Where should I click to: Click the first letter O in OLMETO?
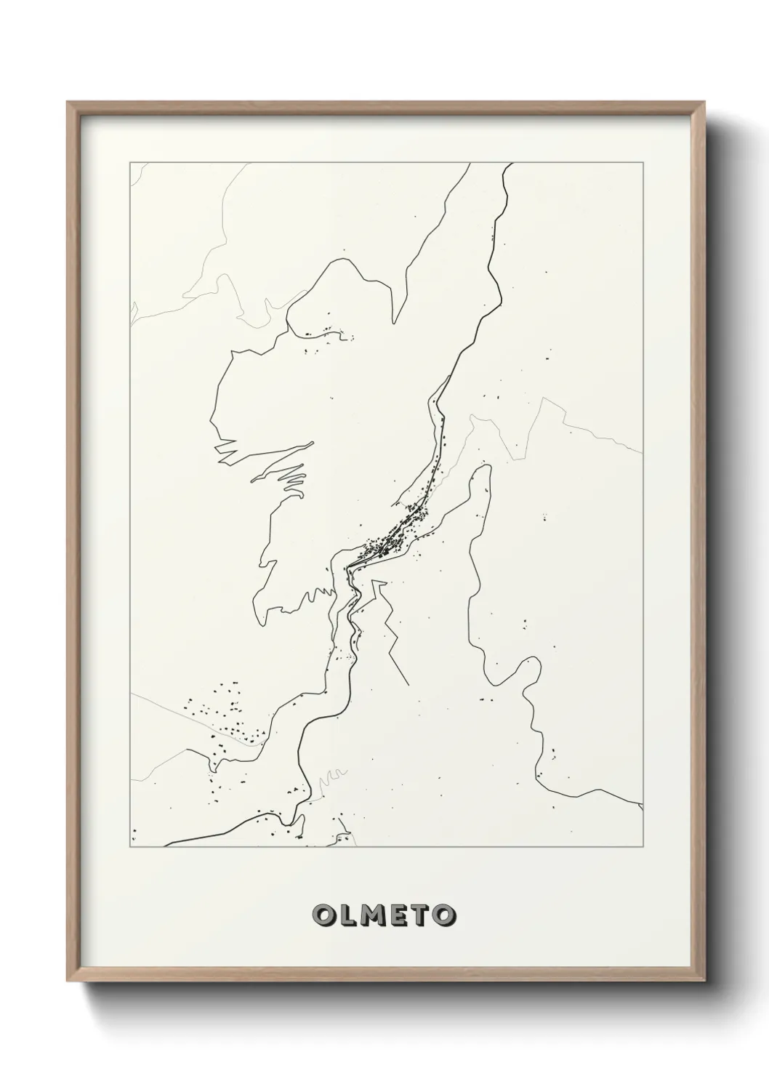324,915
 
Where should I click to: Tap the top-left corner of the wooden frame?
68,103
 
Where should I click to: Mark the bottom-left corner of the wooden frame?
68,983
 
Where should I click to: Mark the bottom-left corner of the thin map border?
130,847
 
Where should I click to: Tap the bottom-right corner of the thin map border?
643,847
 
